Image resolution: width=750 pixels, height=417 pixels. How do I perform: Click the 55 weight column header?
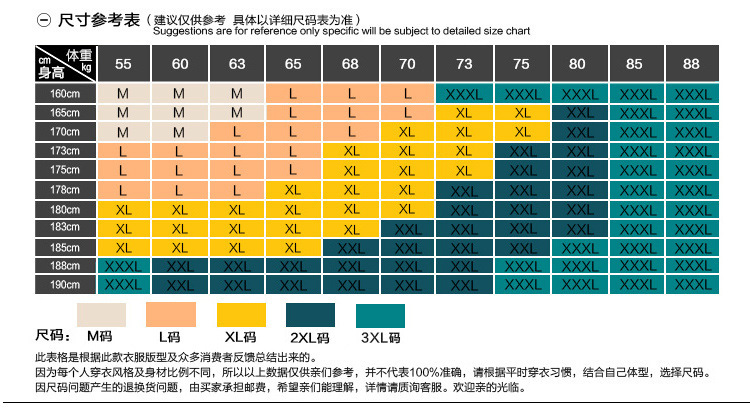point(123,64)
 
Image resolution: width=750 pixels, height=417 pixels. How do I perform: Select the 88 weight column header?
point(691,64)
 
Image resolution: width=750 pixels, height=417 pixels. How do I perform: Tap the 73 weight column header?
point(464,64)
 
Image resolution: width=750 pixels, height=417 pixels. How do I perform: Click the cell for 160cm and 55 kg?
point(123,93)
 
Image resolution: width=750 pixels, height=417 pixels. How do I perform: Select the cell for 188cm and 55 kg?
point(123,266)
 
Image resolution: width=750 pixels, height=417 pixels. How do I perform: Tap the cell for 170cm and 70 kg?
point(407,131)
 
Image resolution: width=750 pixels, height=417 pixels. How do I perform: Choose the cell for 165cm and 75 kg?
point(521,112)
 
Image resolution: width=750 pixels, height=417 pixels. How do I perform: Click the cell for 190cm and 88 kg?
point(691,285)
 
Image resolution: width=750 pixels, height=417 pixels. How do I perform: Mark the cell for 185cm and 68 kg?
point(350,247)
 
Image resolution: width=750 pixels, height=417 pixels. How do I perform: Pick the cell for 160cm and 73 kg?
point(464,93)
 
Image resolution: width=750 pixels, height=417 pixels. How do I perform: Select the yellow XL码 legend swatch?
point(241,314)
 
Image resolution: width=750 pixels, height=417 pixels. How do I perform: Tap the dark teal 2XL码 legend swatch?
point(310,314)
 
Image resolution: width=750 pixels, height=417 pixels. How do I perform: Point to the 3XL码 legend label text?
point(380,337)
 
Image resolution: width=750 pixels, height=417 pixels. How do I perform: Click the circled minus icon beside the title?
point(44,20)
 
